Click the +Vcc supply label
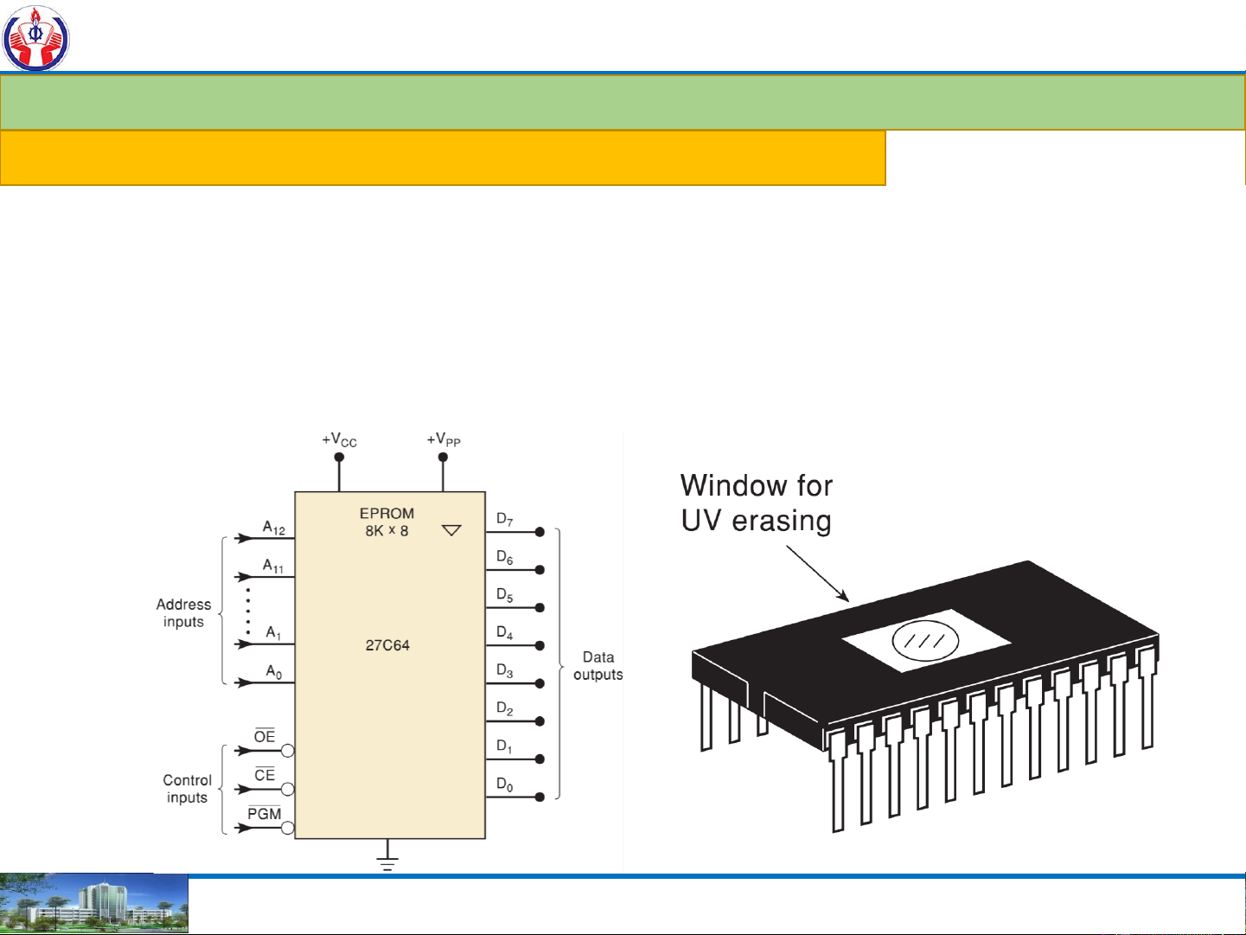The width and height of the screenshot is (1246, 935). click(339, 440)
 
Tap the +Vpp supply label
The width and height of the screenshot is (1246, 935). click(444, 440)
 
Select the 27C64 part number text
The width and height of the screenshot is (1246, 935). click(387, 645)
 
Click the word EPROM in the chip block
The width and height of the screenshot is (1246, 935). click(387, 513)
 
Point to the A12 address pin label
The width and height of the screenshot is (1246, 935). click(274, 528)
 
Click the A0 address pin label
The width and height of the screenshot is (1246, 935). click(273, 672)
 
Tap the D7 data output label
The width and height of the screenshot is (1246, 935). click(504, 519)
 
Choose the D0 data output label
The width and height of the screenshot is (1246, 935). click(504, 785)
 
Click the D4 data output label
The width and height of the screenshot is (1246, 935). click(504, 633)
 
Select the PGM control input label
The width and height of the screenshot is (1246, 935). click(265, 814)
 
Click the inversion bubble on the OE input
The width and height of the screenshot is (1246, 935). click(288, 751)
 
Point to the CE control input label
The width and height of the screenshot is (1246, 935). click(265, 775)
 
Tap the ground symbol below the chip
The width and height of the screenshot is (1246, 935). click(387, 861)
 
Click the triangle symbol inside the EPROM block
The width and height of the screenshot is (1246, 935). click(451, 530)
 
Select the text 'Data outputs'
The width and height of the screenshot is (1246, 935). click(597, 666)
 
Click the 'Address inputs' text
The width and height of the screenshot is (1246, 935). click(183, 613)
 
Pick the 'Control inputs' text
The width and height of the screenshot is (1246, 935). click(187, 789)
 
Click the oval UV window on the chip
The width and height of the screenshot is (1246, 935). click(925, 641)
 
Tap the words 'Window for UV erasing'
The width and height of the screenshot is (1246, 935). click(757, 503)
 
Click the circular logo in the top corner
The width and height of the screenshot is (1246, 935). click(35, 37)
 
